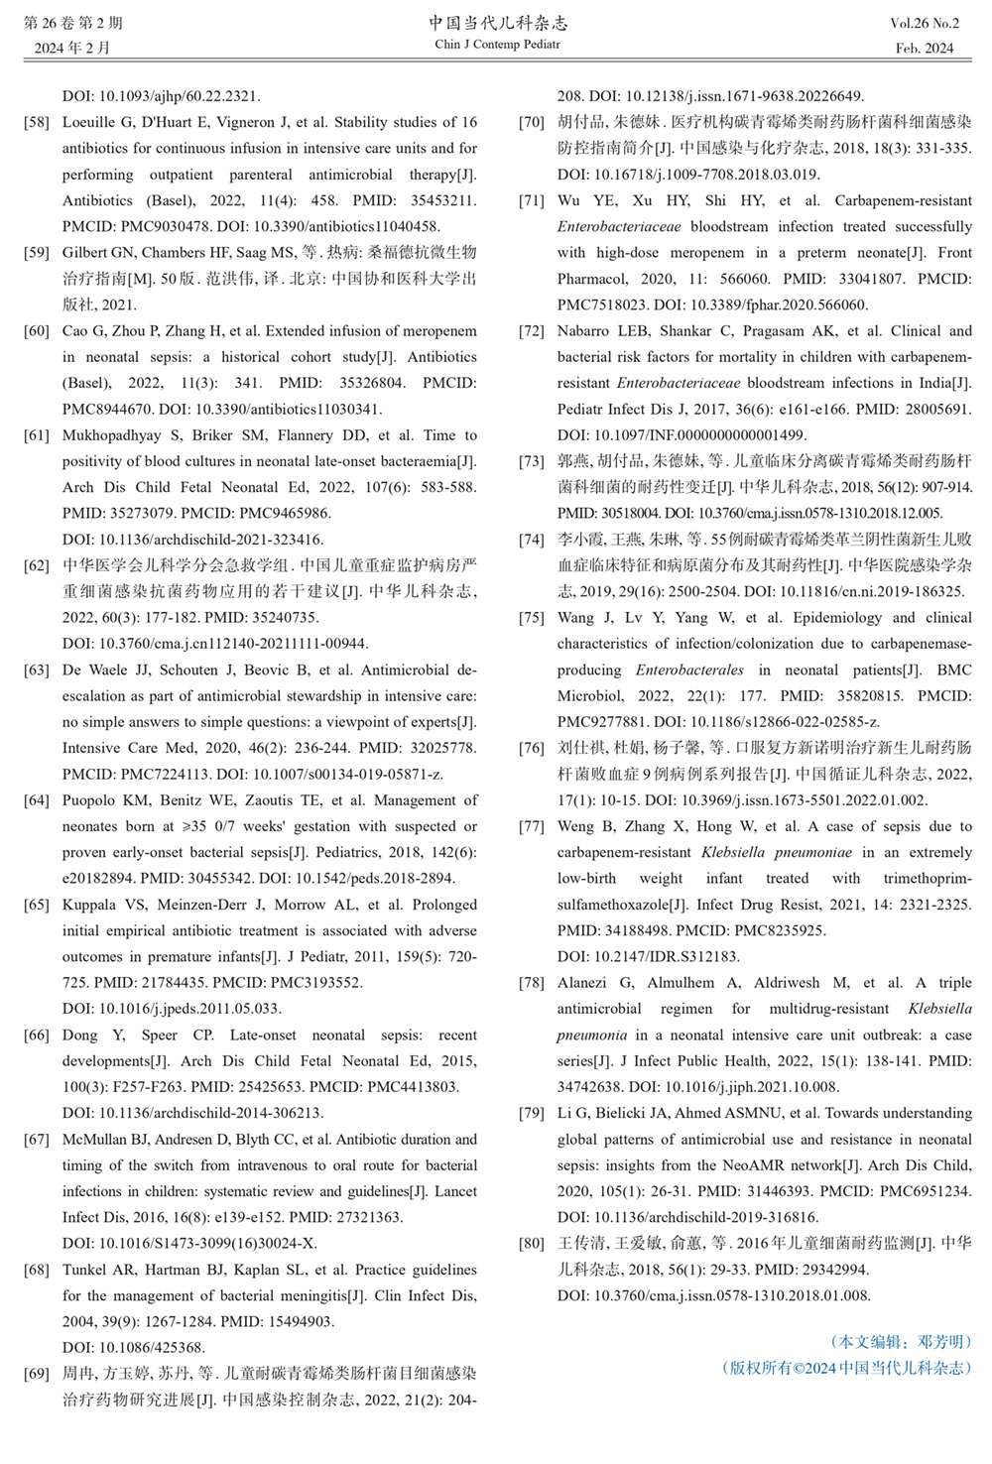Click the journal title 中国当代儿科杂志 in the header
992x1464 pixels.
pos(497,23)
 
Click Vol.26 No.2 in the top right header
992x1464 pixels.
pos(925,23)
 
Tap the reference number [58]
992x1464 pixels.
pos(37,123)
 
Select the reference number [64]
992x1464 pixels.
pos(37,800)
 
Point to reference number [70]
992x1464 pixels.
pos(532,123)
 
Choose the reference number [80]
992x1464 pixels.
pos(532,1243)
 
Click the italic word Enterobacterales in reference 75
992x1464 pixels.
pos(688,671)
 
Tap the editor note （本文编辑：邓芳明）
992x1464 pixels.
pos(900,1342)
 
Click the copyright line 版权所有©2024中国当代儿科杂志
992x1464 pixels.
pos(846,1369)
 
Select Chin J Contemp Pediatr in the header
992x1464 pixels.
pos(497,45)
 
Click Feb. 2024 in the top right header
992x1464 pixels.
pos(925,48)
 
